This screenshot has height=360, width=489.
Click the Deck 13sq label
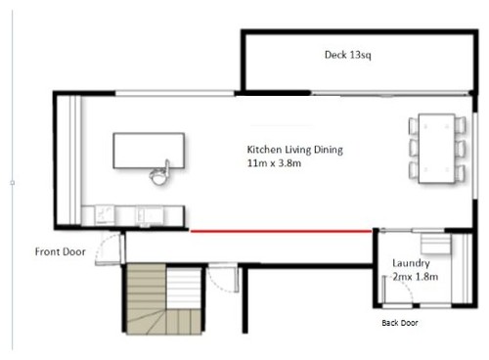[347, 56]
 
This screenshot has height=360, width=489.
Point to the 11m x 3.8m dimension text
[279, 164]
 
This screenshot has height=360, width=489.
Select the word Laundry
[412, 263]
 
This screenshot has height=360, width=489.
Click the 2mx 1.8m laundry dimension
[415, 277]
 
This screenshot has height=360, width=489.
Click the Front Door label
[61, 251]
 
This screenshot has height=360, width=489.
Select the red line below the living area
[281, 232]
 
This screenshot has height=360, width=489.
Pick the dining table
[437, 148]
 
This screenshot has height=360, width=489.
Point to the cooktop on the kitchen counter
[103, 213]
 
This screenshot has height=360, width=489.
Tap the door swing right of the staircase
[225, 281]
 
